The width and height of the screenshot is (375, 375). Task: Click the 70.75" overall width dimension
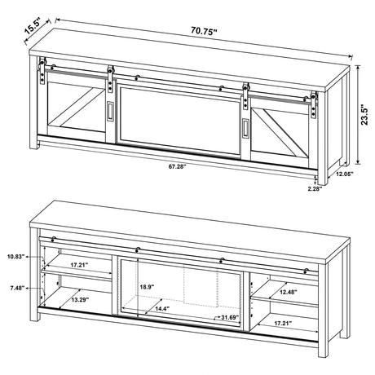point(204,30)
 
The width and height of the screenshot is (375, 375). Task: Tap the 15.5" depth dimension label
point(33,26)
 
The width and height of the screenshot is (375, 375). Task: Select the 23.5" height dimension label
point(365,114)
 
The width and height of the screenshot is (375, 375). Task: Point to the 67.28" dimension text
point(177,166)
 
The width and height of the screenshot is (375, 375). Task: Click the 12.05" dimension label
point(345,174)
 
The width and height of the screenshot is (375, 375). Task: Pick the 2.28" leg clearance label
point(315,188)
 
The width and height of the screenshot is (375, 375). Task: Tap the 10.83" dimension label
point(16,256)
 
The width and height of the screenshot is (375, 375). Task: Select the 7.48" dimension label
point(17,288)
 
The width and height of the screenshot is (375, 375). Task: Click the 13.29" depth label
point(81,300)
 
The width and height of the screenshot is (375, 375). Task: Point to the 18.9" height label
point(147,287)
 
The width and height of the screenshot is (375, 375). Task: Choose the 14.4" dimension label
point(162,309)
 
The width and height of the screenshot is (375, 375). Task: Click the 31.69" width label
point(230,317)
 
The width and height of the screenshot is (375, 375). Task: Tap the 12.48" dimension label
point(289,292)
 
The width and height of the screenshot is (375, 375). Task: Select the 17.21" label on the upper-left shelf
point(79,265)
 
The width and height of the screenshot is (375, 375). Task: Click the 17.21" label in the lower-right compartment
point(283,323)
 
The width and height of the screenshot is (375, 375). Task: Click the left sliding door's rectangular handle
point(110,110)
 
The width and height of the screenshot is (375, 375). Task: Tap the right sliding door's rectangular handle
point(246,127)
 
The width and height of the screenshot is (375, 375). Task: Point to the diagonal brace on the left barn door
point(76,108)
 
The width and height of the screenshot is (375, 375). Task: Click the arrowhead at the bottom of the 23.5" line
point(358,162)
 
